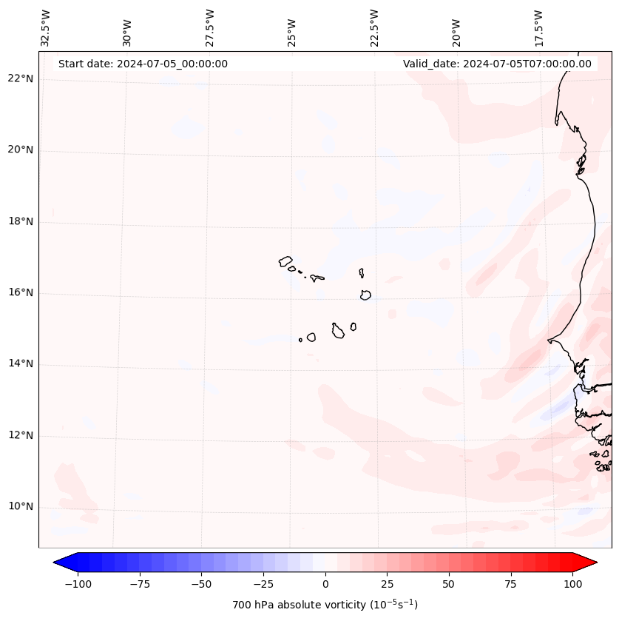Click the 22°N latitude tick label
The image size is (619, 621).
tap(21, 79)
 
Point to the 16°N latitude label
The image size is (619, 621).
tap(21, 293)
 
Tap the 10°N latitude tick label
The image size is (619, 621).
tap(21, 507)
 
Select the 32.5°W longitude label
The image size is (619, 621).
tap(46, 28)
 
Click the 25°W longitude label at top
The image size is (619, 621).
tap(292, 28)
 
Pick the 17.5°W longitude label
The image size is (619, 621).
tap(538, 28)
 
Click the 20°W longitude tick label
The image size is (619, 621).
tap(456, 28)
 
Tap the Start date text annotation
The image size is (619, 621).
tap(143, 64)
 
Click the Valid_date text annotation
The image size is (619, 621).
tap(497, 64)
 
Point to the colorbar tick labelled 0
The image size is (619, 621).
tap(325, 584)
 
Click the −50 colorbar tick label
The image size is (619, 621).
tap(200, 584)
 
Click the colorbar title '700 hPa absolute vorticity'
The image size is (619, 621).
tap(325, 605)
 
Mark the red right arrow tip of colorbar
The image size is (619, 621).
tap(595, 563)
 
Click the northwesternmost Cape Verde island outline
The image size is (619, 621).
tap(285, 261)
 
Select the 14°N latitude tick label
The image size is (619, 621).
tap(21, 364)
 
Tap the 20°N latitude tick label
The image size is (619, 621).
tap(21, 150)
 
